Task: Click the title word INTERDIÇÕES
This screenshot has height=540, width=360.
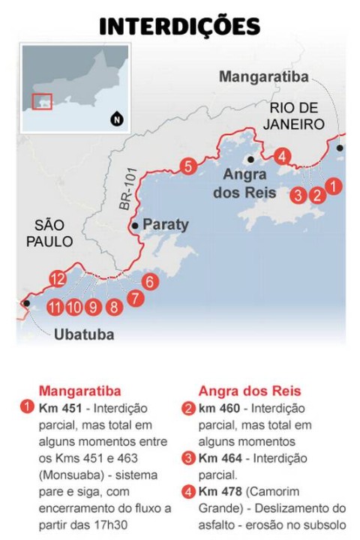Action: [180, 27]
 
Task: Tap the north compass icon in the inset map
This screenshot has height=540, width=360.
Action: [116, 118]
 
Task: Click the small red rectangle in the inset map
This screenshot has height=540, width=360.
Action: [42, 101]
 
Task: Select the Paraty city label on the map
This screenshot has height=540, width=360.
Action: [165, 224]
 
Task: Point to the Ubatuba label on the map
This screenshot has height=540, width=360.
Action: [84, 334]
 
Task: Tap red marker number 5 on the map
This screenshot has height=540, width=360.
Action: [188, 166]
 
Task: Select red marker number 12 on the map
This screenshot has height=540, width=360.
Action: [58, 280]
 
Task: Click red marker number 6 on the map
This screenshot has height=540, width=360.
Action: [149, 282]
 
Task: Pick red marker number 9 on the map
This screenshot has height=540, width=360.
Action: [93, 306]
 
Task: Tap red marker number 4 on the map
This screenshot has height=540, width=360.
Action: [281, 157]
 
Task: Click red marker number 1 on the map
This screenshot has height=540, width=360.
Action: [335, 184]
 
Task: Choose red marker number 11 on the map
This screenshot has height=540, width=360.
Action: [54, 306]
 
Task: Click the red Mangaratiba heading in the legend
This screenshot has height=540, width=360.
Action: [79, 391]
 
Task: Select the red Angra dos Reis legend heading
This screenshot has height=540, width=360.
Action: [250, 391]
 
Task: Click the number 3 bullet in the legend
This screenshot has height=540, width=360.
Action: [188, 457]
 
